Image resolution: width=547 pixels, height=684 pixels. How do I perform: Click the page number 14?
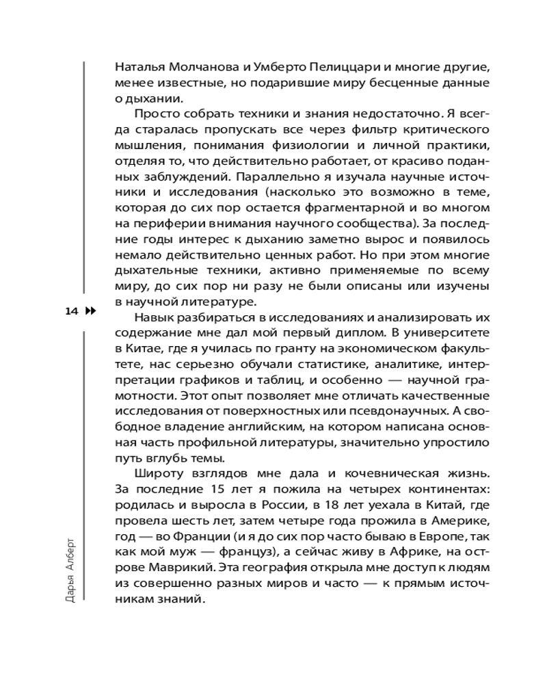point(71,311)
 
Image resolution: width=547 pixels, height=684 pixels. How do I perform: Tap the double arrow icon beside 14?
point(90,311)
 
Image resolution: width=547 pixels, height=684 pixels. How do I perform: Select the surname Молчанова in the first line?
point(191,68)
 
